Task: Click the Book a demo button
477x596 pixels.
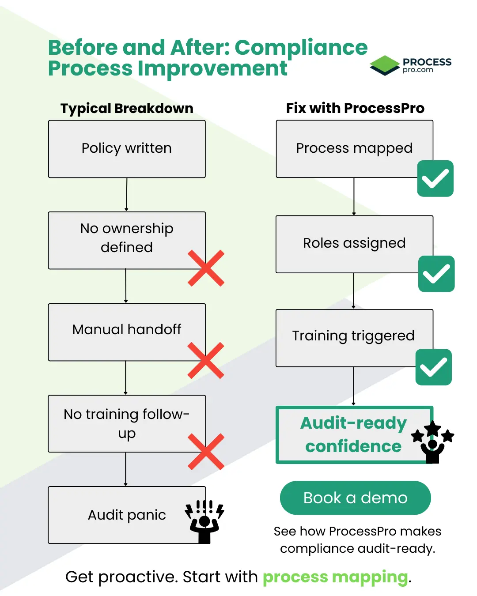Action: point(355,498)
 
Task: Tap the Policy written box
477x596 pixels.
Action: point(127,149)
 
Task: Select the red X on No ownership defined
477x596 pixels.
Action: point(206,268)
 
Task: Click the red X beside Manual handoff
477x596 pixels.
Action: point(206,360)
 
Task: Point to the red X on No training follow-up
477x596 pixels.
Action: point(206,452)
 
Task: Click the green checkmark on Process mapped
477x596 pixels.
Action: point(435,178)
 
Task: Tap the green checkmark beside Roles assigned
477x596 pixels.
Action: point(436,274)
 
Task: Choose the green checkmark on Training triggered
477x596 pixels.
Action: point(433,367)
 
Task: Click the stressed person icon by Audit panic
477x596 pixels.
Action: point(204,521)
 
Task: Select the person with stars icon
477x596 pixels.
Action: point(432,442)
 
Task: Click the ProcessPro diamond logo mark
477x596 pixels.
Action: point(385,65)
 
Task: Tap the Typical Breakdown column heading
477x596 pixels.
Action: point(127,108)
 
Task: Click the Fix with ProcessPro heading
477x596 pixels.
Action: point(355,108)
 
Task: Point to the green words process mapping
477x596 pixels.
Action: point(335,577)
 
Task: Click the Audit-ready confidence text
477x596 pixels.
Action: point(353,434)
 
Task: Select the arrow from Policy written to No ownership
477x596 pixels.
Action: point(126,195)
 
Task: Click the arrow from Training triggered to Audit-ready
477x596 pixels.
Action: point(353,386)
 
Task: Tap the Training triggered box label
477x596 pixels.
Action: point(353,336)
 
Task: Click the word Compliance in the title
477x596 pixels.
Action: point(301,48)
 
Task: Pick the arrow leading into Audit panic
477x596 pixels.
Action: point(125,469)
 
